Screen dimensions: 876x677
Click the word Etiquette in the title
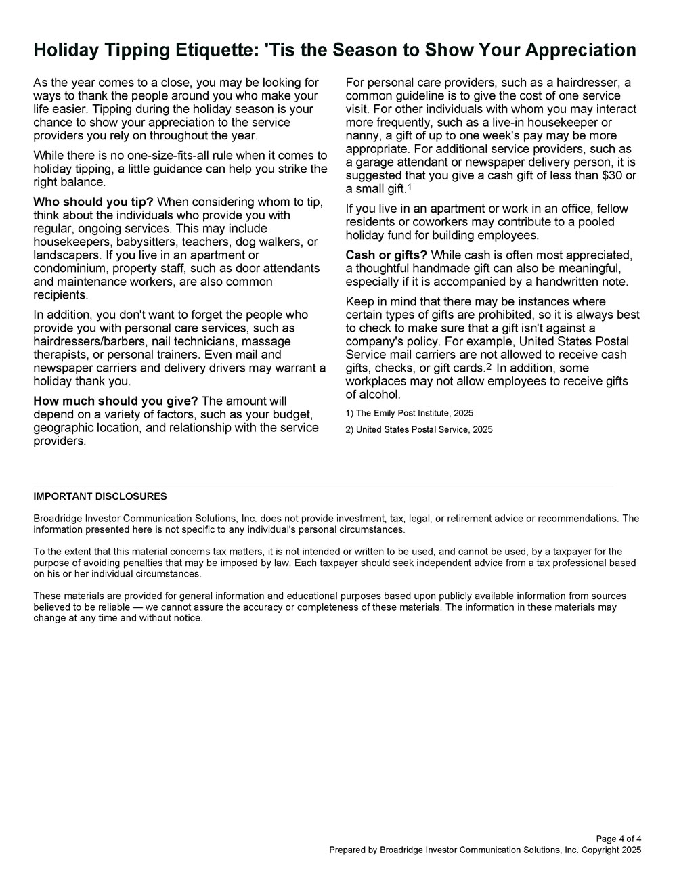coord(206,50)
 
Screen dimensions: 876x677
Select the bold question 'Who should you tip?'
coord(93,202)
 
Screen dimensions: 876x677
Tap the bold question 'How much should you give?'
coord(116,401)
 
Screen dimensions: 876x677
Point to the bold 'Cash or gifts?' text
coord(386,255)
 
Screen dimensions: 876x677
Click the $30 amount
coord(610,175)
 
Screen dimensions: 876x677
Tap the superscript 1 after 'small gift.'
coord(409,187)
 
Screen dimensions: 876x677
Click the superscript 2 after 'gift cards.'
coord(489,366)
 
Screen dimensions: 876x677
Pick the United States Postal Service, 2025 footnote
coord(419,429)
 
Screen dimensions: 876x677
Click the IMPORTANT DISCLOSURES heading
coord(100,496)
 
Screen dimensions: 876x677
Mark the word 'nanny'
coord(363,135)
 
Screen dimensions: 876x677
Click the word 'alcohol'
coord(372,395)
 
